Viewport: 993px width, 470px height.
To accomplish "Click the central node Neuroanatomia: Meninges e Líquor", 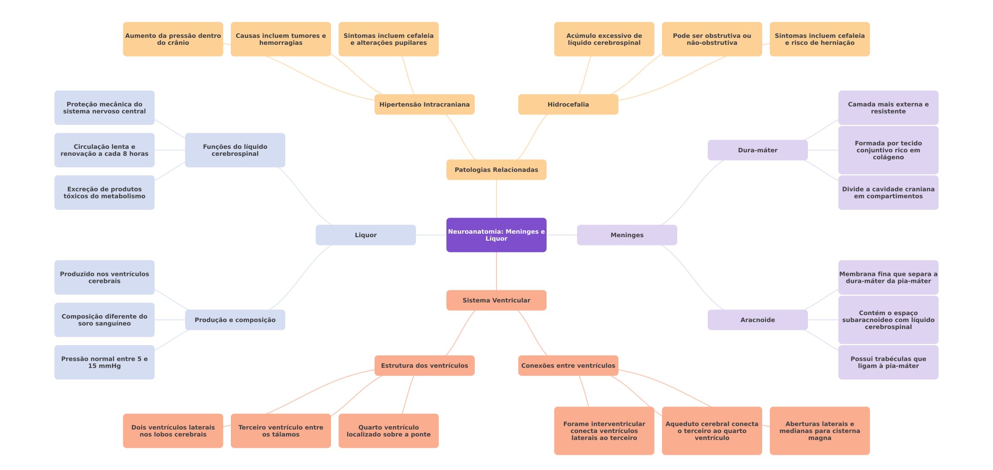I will tap(496, 235).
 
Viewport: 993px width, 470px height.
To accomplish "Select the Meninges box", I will tap(627, 235).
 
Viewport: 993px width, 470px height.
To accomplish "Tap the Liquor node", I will tap(366, 235).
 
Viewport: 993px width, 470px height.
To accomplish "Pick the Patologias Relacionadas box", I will tap(496, 170).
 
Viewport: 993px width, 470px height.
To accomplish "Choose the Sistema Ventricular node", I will tap(496, 300).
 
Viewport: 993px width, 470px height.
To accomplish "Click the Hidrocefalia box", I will tap(568, 104).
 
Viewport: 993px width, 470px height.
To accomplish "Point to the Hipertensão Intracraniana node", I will tap(425, 104).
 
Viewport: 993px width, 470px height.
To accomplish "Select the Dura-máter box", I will tap(758, 150).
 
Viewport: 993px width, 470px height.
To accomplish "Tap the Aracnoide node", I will tap(758, 320).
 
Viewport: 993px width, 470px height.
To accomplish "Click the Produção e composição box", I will tap(235, 320).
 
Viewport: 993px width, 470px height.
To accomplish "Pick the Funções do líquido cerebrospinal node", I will tap(235, 150).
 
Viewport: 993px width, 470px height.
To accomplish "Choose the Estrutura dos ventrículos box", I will tap(425, 366).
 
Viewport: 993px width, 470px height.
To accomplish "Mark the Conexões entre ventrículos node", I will tap(568, 366).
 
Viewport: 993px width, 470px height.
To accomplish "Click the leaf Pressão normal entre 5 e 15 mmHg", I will tap(105, 362).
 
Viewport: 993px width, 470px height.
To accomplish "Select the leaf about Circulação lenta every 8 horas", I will tap(105, 150).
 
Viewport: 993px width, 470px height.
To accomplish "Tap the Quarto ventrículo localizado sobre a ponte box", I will tap(388, 431).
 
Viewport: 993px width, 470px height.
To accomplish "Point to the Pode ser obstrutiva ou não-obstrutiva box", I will tap(712, 39).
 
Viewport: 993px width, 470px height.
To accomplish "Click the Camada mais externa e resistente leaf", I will tap(888, 107).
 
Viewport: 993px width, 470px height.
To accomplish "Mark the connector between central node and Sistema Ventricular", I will tap(496, 271).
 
